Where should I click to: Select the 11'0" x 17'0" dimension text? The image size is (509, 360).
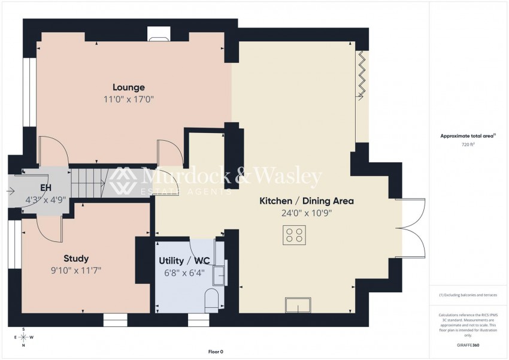pos(129,99)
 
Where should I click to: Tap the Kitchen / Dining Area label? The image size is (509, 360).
pos(306,201)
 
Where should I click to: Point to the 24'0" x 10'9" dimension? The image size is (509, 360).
pos(306,213)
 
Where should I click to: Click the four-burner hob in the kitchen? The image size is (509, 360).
pos(295,234)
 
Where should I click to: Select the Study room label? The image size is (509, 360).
pos(77,259)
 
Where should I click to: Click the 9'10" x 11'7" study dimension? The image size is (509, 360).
pos(77,270)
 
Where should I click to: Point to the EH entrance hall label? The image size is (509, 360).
pos(44,187)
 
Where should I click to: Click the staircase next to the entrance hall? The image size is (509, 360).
pos(88,181)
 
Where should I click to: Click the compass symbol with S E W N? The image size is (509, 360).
pos(23,337)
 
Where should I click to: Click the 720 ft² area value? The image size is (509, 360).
pos(468,144)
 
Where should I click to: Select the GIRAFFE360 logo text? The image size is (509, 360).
pos(468,346)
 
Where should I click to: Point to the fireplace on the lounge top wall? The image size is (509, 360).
pos(159,38)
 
